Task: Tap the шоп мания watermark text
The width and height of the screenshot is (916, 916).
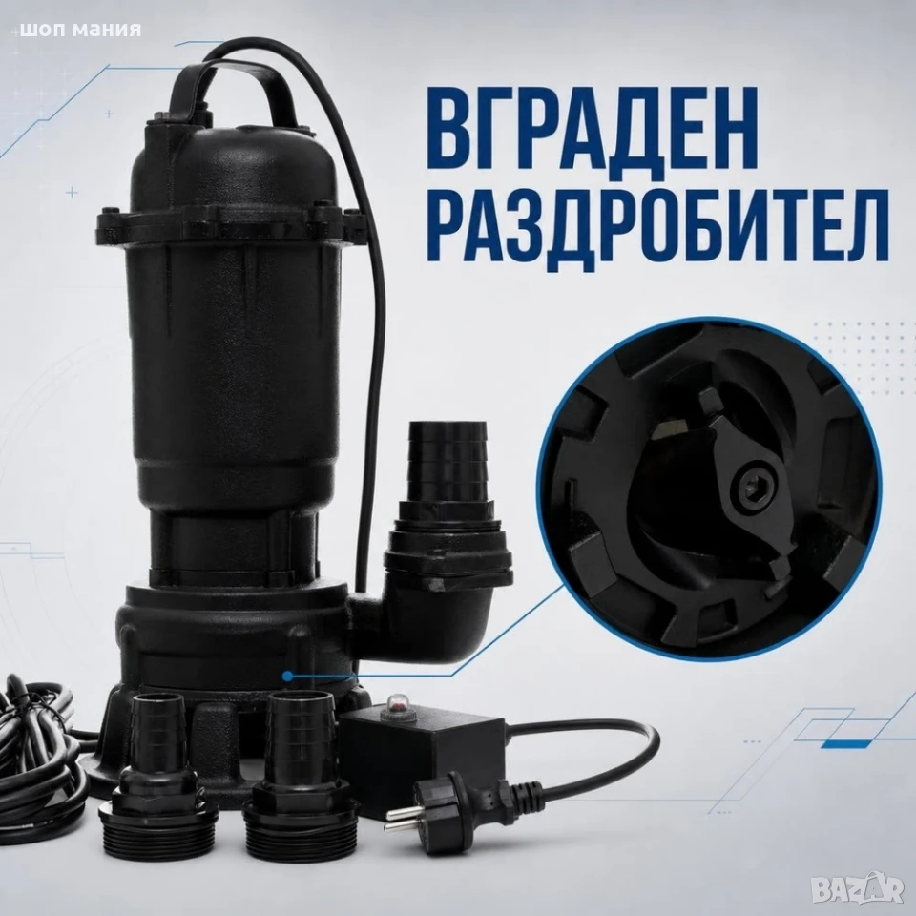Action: [80, 30]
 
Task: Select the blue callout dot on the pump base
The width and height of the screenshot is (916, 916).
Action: [287, 677]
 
